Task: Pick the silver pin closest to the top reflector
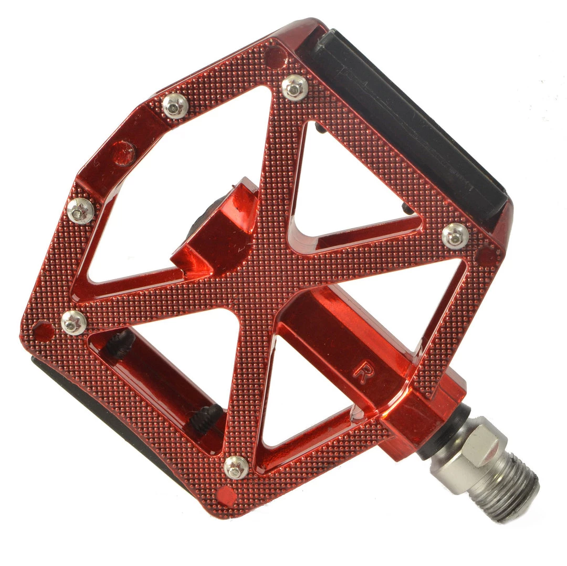pyautogui.click(x=295, y=88)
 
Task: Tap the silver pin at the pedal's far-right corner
pyautogui.click(x=455, y=236)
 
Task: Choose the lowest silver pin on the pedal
pyautogui.click(x=236, y=468)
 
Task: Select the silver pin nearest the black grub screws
pyautogui.click(x=74, y=323)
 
